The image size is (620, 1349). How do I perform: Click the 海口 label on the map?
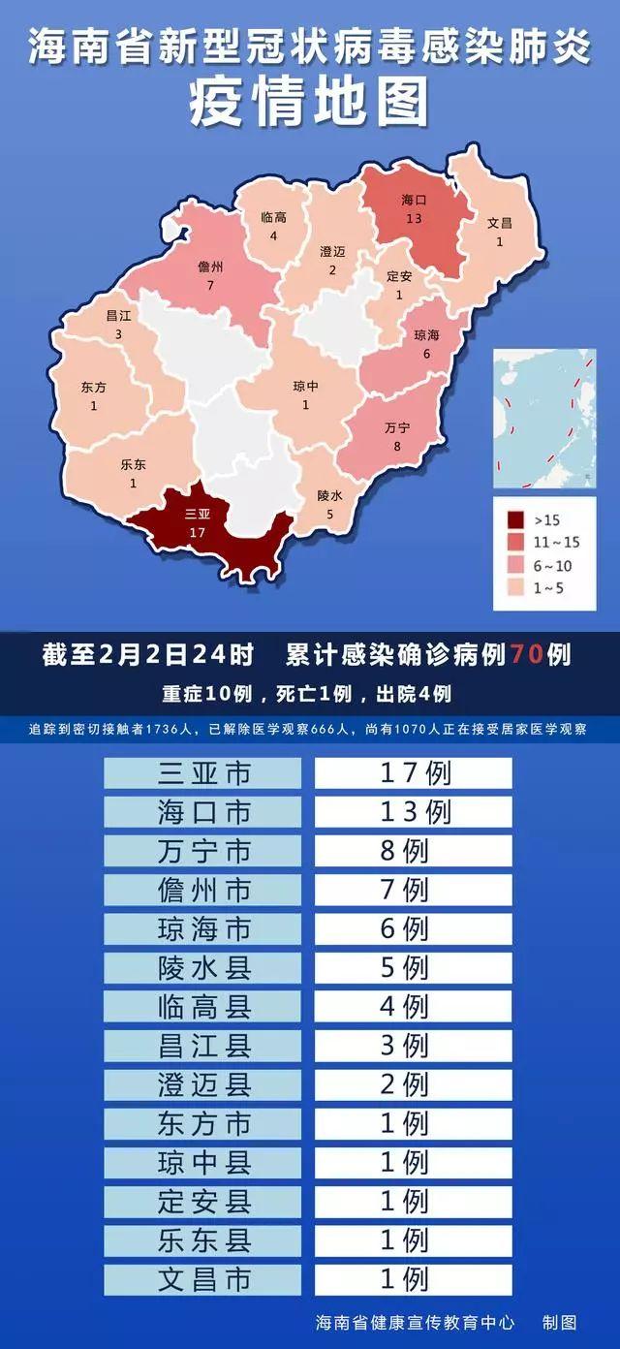[x=414, y=201]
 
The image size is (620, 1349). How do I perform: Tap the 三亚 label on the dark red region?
[x=198, y=515]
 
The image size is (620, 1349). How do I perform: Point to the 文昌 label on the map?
[x=500, y=223]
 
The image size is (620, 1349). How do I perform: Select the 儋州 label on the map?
[x=210, y=267]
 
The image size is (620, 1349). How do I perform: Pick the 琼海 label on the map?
[x=426, y=335]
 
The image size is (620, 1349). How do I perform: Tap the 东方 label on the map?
[x=94, y=387]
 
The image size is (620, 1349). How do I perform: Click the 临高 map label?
[x=274, y=217]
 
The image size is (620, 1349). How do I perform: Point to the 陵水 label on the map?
[x=329, y=495]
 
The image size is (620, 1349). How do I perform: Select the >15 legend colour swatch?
[x=514, y=519]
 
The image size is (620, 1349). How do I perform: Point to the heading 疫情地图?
[x=310, y=104]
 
